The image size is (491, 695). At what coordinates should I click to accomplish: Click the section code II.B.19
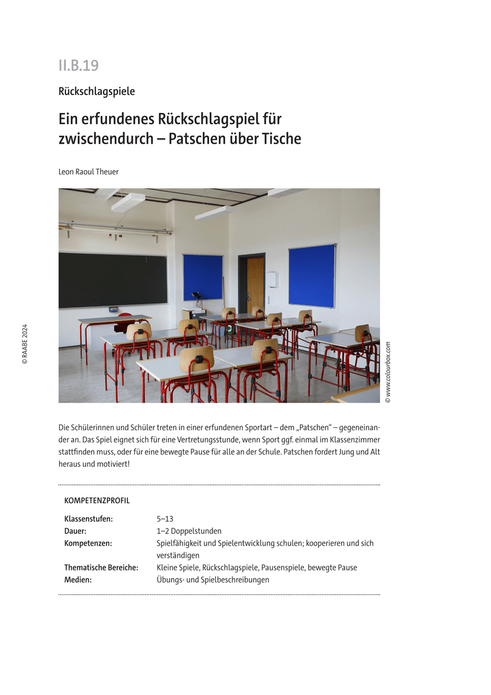(78, 65)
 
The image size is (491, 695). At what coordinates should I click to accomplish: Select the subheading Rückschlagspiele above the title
(96, 91)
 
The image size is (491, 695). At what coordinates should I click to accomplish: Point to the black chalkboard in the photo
(112, 280)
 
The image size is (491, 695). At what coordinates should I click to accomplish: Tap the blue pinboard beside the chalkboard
(203, 277)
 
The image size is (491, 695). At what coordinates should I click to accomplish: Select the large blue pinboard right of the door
(312, 276)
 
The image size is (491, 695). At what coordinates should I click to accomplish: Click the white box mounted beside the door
(272, 279)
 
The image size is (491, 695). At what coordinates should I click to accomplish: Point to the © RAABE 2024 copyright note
(24, 343)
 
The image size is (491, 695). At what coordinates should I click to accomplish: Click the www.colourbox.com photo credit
(388, 372)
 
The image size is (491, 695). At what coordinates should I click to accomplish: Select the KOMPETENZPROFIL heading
(97, 500)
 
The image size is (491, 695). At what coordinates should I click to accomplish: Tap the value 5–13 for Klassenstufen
(165, 519)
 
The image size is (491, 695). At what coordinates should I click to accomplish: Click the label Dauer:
(75, 531)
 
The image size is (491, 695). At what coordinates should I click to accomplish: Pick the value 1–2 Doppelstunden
(189, 531)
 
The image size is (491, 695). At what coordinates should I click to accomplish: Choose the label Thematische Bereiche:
(101, 568)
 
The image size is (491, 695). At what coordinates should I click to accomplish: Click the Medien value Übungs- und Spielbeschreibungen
(212, 580)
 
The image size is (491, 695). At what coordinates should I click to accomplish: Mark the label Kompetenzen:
(88, 543)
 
